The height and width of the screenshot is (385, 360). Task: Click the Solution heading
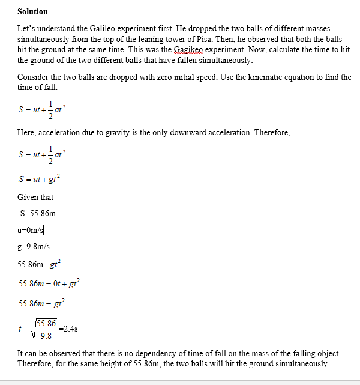point(32,11)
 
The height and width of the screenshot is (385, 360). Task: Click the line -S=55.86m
point(37,213)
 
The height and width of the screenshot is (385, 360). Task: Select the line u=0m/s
point(31,229)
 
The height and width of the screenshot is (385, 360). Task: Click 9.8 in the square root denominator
point(45,335)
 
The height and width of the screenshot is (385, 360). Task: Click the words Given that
point(35,197)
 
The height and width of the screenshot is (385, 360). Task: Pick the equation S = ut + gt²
point(40,179)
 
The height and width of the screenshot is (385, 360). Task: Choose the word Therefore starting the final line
point(35,364)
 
